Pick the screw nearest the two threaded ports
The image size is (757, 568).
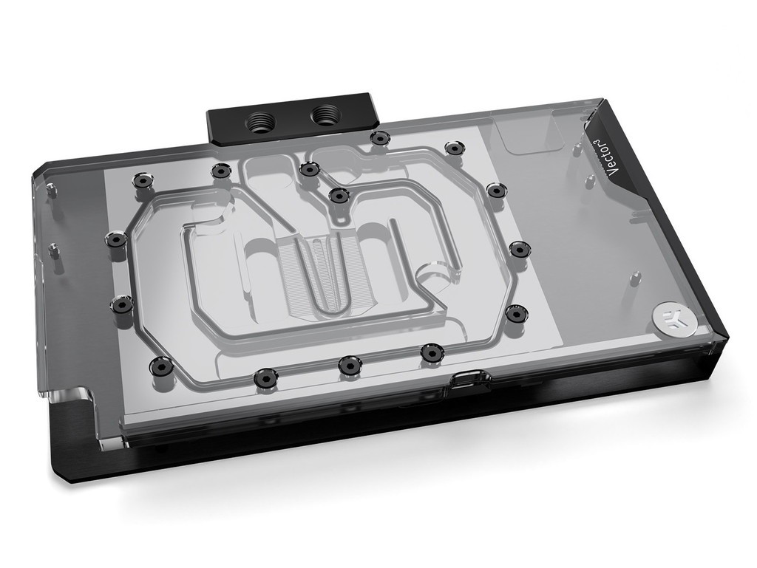tap(379, 137)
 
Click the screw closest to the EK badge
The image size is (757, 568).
tap(517, 313)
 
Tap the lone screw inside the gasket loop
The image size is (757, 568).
tap(339, 195)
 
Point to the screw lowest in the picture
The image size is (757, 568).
tap(265, 376)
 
